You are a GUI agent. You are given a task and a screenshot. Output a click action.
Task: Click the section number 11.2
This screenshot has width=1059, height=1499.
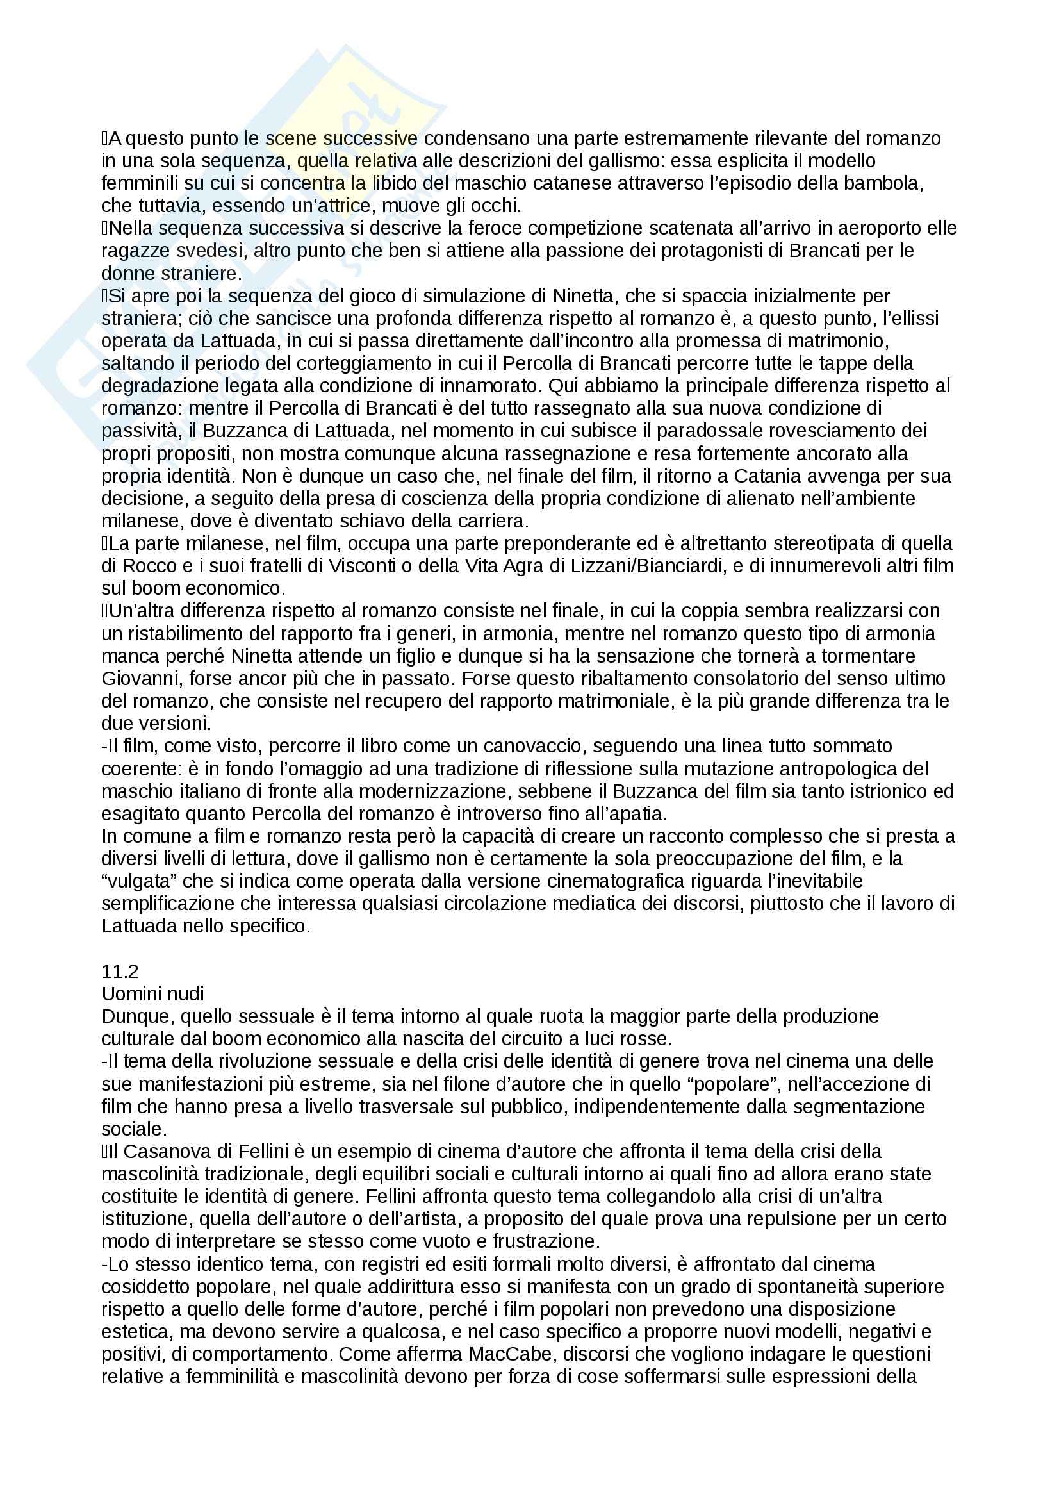pyautogui.click(x=119, y=972)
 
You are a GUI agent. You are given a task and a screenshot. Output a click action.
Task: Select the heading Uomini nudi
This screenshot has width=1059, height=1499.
pyautogui.click(x=152, y=994)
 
